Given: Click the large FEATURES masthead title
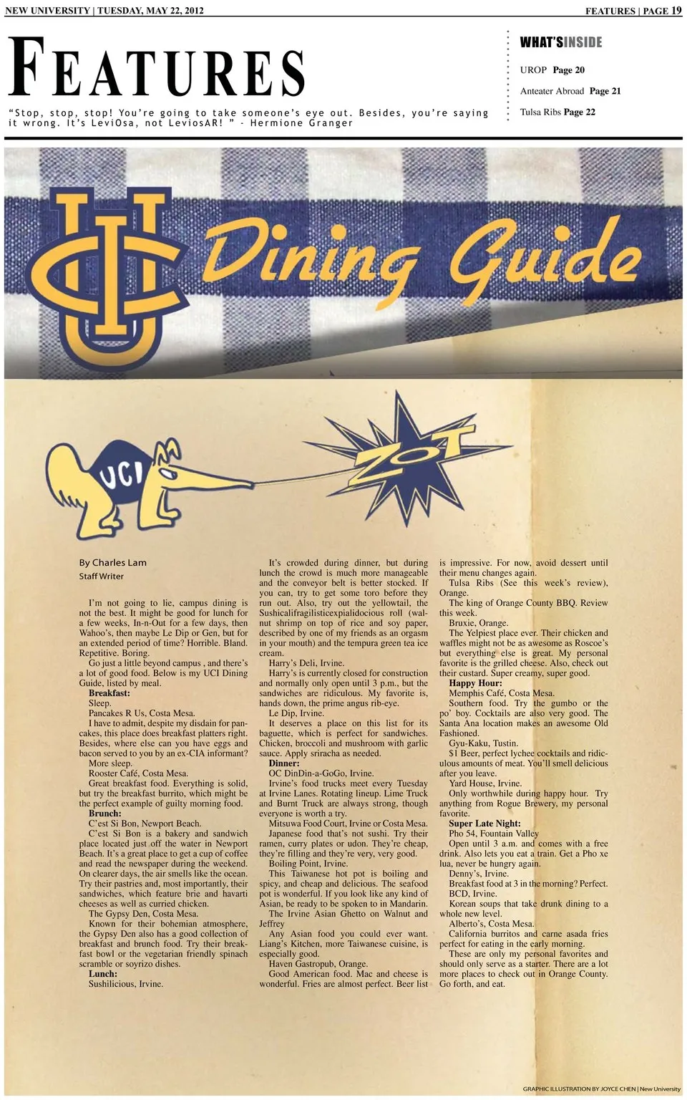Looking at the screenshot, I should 157,69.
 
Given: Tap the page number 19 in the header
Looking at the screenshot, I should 676,11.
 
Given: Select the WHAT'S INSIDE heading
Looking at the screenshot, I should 560,43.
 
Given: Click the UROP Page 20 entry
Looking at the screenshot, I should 552,70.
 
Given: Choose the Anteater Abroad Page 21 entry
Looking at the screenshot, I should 570,91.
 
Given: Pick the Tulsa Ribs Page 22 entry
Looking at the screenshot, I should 557,112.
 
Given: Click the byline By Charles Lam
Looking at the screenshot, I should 112,563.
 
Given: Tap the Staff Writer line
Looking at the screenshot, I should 101,576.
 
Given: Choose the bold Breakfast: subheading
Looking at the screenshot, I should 109,693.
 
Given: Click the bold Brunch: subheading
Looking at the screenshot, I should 104,814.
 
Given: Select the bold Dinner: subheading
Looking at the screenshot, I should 284,763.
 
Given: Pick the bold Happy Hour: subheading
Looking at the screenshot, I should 475,683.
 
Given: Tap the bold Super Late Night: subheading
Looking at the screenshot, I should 484,824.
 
